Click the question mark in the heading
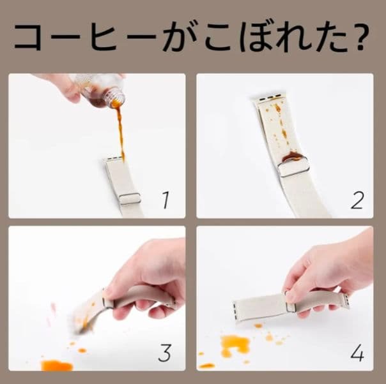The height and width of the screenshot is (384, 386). [x=361, y=37]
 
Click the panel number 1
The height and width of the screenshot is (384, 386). [x=166, y=200]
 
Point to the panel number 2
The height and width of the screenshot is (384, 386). [x=357, y=200]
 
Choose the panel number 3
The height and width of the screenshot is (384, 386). [x=165, y=353]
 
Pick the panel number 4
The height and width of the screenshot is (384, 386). [x=357, y=353]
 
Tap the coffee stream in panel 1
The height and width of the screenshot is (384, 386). [x=120, y=134]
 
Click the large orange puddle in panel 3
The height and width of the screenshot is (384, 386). [x=57, y=365]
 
